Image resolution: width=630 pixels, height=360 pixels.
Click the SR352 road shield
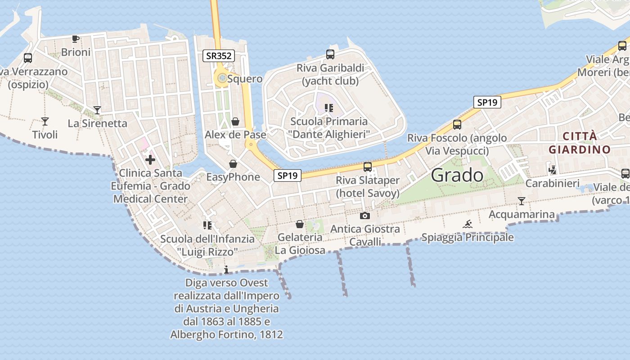(x=219, y=56)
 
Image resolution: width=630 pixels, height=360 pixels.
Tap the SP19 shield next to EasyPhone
(x=288, y=175)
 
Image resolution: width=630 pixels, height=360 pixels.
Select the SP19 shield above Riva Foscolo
(x=487, y=102)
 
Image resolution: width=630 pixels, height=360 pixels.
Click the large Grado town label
(x=457, y=175)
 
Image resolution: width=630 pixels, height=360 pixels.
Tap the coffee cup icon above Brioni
(x=76, y=39)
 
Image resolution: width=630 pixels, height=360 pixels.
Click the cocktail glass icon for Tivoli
(x=45, y=121)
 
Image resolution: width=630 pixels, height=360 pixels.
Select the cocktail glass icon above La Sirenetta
(x=97, y=110)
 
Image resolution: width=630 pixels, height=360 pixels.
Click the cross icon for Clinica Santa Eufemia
(x=150, y=160)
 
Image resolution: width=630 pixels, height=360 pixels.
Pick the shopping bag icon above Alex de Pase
(x=235, y=121)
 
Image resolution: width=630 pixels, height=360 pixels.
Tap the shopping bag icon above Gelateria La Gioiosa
(x=300, y=224)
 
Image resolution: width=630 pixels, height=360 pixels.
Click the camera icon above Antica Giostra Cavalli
(x=365, y=216)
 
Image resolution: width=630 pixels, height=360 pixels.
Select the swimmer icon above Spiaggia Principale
(x=468, y=224)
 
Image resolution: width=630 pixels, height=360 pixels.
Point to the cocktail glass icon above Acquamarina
(x=522, y=201)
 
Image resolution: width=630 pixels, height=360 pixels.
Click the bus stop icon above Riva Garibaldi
(x=330, y=54)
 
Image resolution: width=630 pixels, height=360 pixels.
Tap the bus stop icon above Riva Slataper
(x=368, y=167)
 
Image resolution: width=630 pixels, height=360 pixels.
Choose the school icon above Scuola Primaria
(x=329, y=108)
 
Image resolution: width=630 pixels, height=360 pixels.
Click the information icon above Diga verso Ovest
(x=226, y=270)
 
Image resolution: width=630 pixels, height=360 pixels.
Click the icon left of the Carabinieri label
(x=553, y=170)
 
